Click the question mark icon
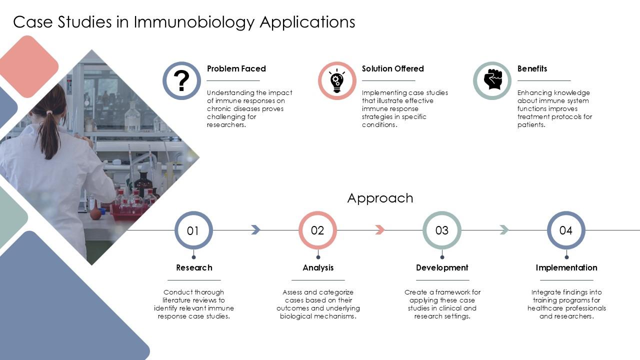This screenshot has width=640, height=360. pyautogui.click(x=181, y=80)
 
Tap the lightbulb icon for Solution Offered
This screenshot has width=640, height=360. pyautogui.click(x=337, y=80)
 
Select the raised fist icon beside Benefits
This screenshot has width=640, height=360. pyautogui.click(x=492, y=80)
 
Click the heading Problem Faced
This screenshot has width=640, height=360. pyautogui.click(x=236, y=68)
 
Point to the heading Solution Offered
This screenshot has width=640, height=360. pyautogui.click(x=392, y=68)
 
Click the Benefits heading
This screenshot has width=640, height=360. pyautogui.click(x=532, y=68)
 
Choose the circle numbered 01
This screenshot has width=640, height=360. pyautogui.click(x=193, y=230)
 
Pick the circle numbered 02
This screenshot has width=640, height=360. pyautogui.click(x=317, y=230)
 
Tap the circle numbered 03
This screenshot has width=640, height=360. pyautogui.click(x=442, y=230)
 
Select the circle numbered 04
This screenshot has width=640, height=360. pyautogui.click(x=566, y=230)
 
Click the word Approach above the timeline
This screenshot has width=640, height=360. pyautogui.click(x=380, y=198)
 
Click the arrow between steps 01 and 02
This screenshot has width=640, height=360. pyautogui.click(x=255, y=229)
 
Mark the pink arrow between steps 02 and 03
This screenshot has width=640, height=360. pyautogui.click(x=380, y=229)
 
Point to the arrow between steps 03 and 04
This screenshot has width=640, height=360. pyautogui.click(x=504, y=229)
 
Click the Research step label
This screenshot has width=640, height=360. pyautogui.click(x=194, y=267)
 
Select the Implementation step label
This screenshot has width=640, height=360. pyautogui.click(x=566, y=267)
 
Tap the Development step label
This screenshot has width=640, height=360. pyautogui.click(x=442, y=267)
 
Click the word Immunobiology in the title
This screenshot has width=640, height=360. pyautogui.click(x=195, y=22)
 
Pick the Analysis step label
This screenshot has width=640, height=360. pyautogui.click(x=318, y=267)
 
